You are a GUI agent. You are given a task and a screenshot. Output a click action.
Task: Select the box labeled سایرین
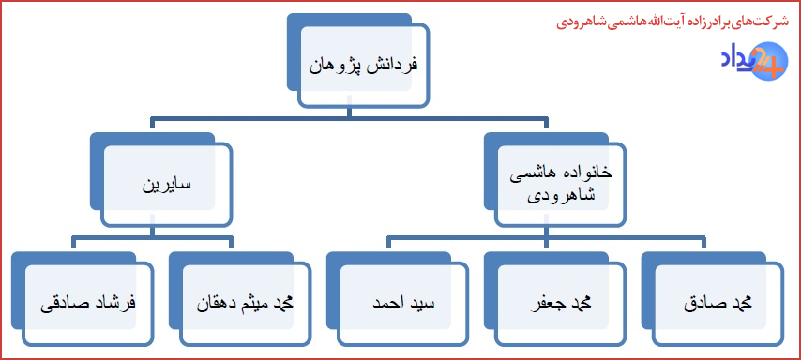165,185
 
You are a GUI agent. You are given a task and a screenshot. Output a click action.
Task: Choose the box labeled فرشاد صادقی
90,304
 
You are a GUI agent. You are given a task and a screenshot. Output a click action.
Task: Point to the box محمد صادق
717,304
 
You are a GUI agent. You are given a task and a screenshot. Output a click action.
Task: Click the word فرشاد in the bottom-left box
118,304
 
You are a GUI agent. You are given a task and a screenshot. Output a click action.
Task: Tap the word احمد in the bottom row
386,304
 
